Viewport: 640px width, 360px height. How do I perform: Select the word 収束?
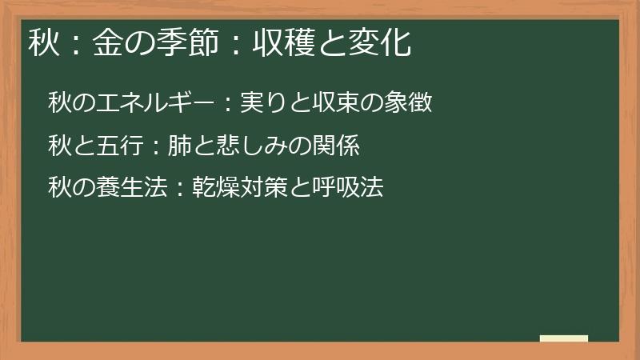[330, 103]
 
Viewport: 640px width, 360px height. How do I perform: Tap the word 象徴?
[409, 103]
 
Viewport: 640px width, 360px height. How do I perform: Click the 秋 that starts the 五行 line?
[59, 146]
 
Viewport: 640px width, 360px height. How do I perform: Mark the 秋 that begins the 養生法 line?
[59, 188]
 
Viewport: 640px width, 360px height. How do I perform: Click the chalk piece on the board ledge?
[564, 338]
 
